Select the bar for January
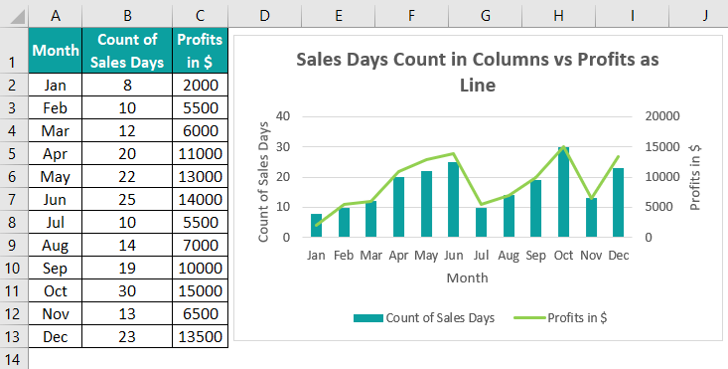pyautogui.click(x=317, y=226)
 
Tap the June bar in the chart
pyautogui.click(x=454, y=200)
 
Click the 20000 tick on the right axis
pyautogui.click(x=662, y=116)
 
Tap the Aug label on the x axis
pyautogui.click(x=509, y=256)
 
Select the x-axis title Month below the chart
pyautogui.click(x=467, y=278)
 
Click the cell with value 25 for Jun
pyautogui.click(x=125, y=199)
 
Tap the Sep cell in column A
pyautogui.click(x=55, y=268)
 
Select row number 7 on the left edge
pyautogui.click(x=14, y=199)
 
